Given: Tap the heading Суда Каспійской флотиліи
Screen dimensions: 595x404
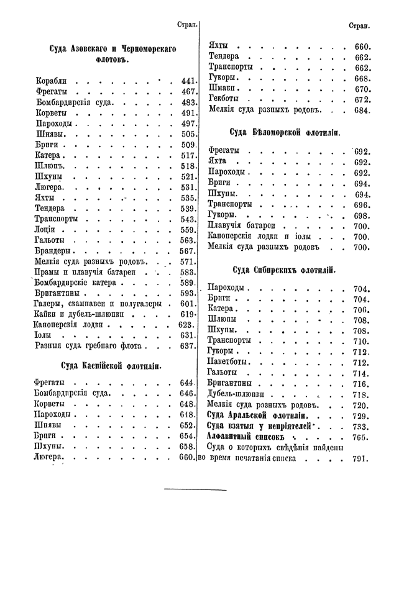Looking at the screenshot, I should (x=112, y=366).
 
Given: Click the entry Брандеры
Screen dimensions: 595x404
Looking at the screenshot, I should (x=55, y=251).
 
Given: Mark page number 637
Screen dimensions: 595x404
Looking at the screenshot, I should (x=187, y=346).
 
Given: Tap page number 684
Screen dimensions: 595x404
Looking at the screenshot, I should (x=362, y=111).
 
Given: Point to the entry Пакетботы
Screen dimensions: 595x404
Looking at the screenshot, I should (x=228, y=362).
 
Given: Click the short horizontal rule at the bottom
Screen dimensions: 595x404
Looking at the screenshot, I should (x=195, y=490).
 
